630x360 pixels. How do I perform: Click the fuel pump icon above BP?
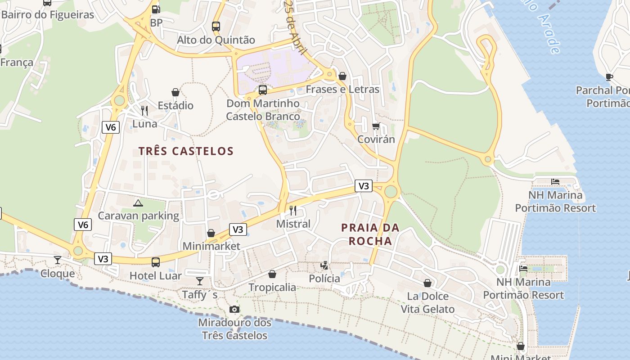(156, 9)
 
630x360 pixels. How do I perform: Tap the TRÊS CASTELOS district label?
(186, 151)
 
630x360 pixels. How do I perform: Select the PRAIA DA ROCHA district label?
(370, 234)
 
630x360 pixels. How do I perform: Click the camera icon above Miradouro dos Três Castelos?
(234, 309)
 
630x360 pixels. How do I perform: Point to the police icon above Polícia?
(324, 265)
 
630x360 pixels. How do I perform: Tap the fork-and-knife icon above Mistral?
(293, 210)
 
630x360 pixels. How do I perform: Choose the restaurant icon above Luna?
(144, 110)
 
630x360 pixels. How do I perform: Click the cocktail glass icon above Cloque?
(58, 260)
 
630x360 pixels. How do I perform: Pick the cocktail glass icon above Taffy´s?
(200, 281)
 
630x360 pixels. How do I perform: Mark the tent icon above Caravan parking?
(138, 202)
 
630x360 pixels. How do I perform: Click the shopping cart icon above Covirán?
(376, 126)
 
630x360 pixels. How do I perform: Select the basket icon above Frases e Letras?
(342, 76)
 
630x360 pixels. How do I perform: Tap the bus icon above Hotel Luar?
(156, 262)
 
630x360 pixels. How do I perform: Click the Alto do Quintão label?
(216, 40)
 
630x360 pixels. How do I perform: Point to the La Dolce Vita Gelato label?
(427, 302)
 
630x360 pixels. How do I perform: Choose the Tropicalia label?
(272, 287)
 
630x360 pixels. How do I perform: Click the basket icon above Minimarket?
(211, 233)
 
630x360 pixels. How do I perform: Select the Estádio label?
(175, 105)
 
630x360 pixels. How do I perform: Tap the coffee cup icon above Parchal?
(609, 77)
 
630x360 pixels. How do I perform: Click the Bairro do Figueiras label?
(47, 15)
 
